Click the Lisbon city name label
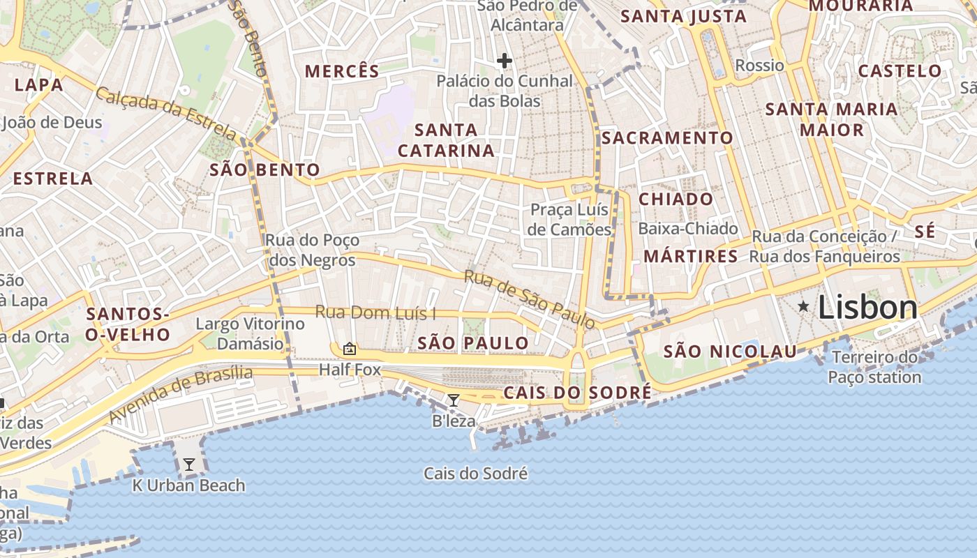click(867, 307)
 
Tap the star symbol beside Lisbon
click(804, 306)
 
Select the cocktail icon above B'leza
click(454, 400)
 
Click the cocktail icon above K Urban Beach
click(188, 464)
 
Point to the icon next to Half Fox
click(350, 349)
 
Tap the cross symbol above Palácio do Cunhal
click(504, 61)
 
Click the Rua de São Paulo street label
click(530, 299)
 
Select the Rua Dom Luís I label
click(375, 312)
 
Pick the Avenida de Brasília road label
click(180, 395)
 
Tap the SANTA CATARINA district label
click(446, 140)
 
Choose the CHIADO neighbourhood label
click(676, 199)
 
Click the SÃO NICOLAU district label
click(730, 352)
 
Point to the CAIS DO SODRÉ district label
click(577, 393)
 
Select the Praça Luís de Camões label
click(569, 220)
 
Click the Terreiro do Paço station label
click(874, 368)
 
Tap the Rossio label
click(759, 66)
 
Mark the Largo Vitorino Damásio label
click(250, 333)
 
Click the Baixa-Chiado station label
click(687, 228)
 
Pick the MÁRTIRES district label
click(690, 256)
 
